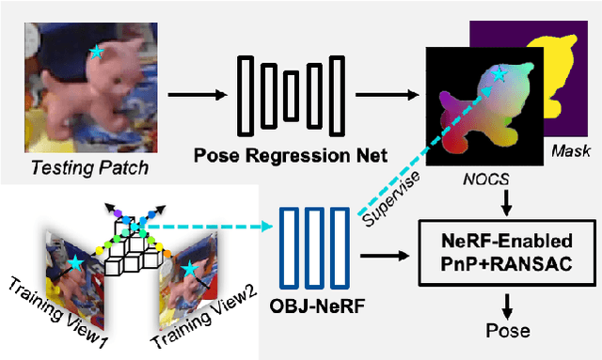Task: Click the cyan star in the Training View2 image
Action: [x=191, y=269]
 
